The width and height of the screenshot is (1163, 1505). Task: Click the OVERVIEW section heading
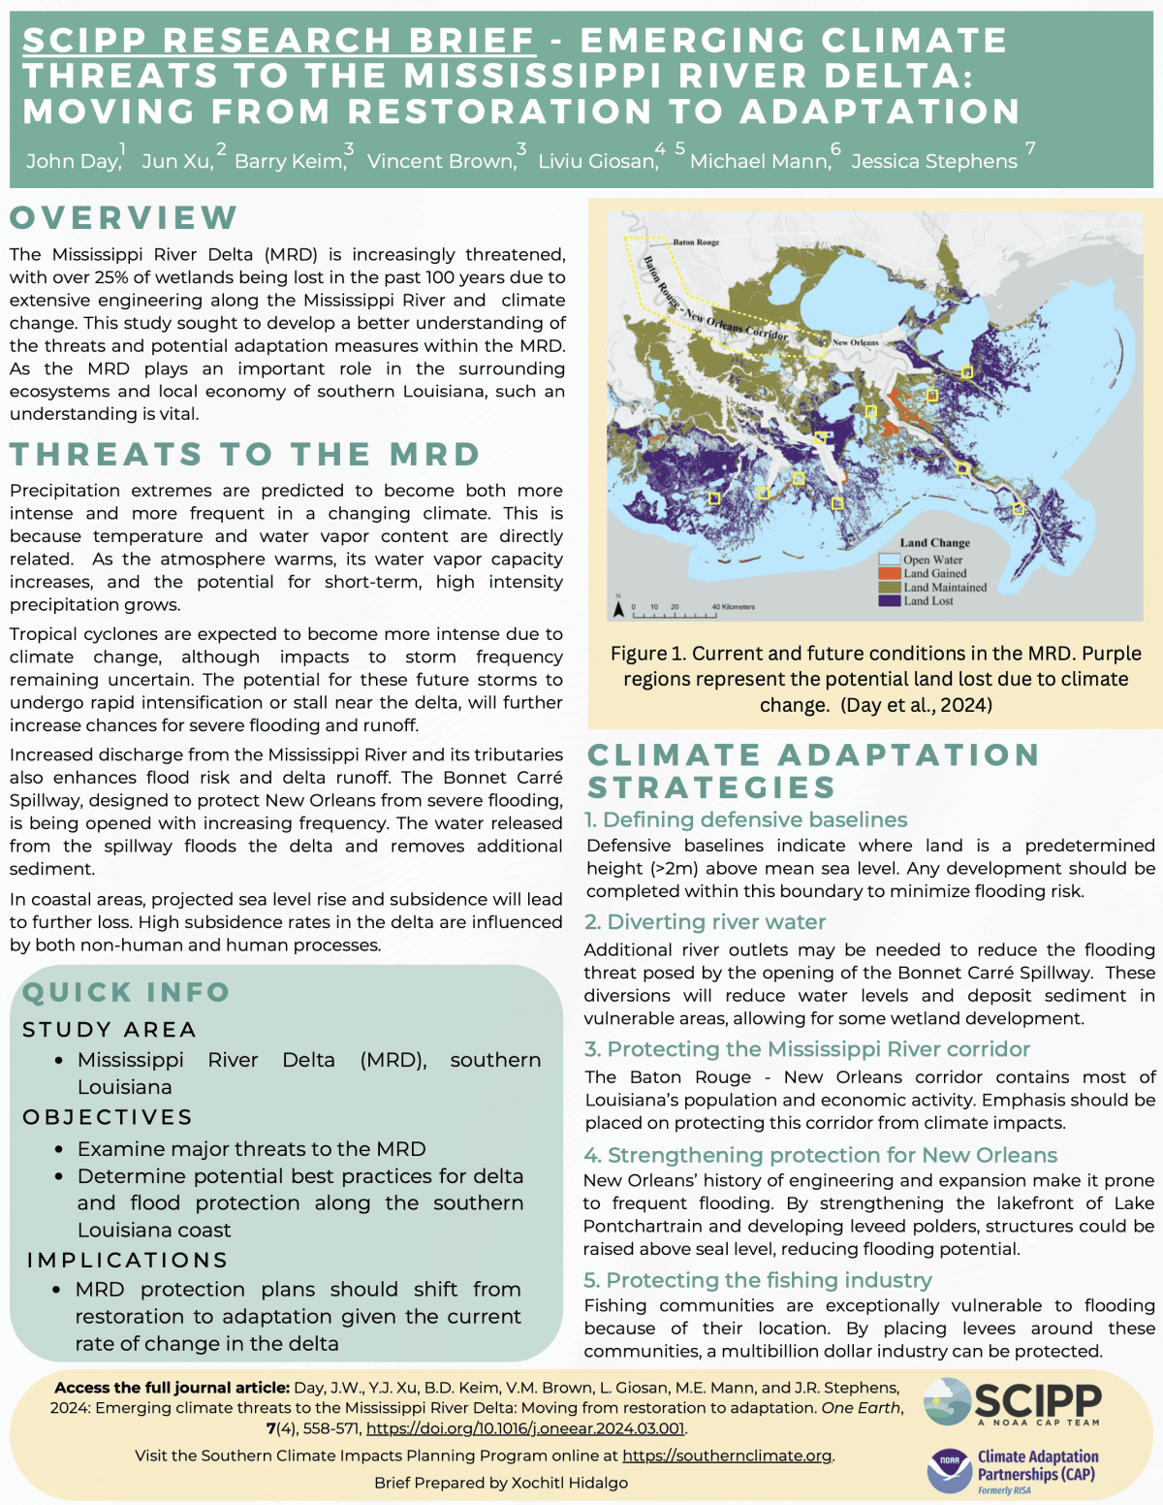point(124,217)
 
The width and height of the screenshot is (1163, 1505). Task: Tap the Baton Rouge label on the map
point(696,242)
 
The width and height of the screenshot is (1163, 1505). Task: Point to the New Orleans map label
point(855,342)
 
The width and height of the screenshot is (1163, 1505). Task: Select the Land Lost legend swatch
point(890,601)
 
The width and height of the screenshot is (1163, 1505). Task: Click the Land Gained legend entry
point(934,573)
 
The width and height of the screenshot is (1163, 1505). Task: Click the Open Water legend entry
point(932,560)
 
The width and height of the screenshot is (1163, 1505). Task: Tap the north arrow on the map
point(617,609)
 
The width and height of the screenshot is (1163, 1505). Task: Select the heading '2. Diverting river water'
point(705,921)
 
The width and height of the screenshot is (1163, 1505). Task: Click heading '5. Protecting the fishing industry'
point(758,1280)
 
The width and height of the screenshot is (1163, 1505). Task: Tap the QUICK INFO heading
point(126,992)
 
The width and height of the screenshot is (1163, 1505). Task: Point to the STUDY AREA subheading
point(110,1029)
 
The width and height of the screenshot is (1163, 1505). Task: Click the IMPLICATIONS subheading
point(127,1260)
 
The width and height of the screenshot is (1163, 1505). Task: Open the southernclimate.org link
point(727,1456)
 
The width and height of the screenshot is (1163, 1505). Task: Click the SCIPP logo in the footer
point(1013,1402)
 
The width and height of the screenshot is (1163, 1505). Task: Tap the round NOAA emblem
point(948,1471)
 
